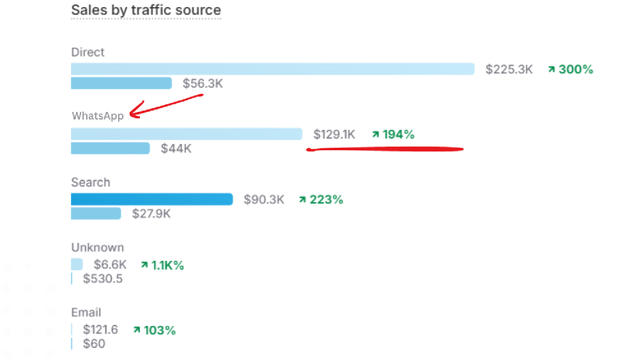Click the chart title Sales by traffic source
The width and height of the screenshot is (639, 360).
(146, 10)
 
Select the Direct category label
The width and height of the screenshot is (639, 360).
(88, 52)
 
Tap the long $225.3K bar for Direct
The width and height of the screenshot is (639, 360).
(272, 69)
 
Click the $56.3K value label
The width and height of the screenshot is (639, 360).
(203, 83)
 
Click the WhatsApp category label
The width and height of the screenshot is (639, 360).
(98, 116)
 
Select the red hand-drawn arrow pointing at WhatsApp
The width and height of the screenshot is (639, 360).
(166, 105)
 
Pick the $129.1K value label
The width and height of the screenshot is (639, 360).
(334, 134)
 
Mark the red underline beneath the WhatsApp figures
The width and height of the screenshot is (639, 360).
(385, 150)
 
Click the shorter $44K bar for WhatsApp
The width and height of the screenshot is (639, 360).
(110, 148)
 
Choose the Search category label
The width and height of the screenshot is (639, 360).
(91, 182)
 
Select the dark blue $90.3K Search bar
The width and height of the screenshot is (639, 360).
(151, 200)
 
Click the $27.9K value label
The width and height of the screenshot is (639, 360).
(151, 214)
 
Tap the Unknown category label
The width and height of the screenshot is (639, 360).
(97, 247)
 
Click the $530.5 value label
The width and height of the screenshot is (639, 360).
(103, 279)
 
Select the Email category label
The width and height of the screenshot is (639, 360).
(86, 313)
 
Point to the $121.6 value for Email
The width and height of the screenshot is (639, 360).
(100, 330)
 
